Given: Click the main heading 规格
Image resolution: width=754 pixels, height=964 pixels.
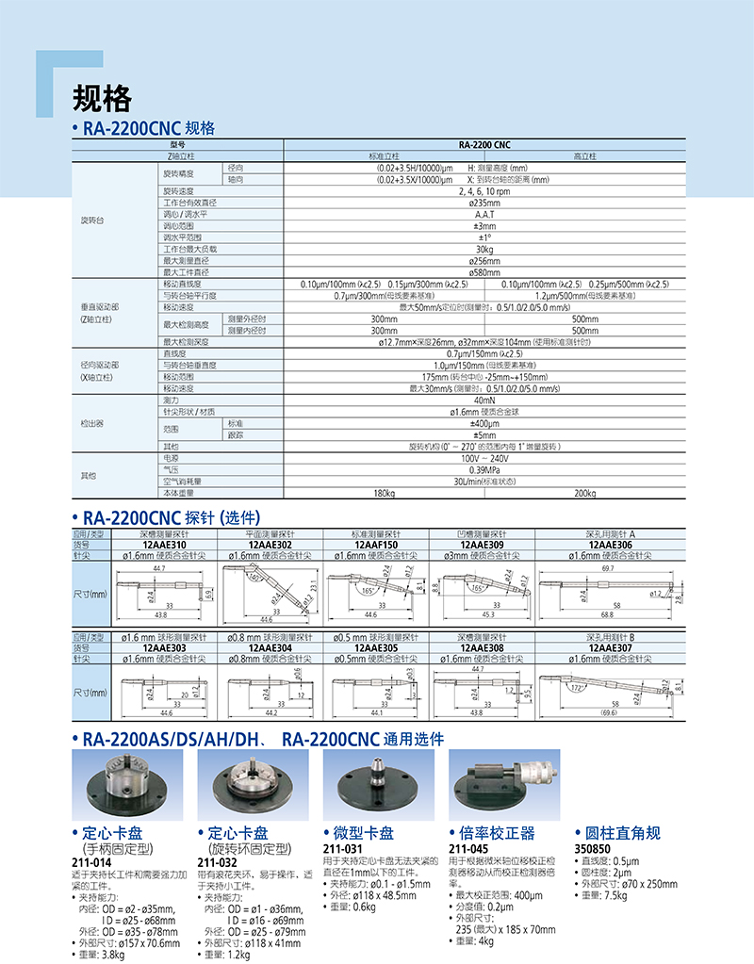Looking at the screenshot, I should [x=102, y=99].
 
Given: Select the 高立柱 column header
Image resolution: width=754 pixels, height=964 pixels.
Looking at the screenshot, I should [x=584, y=155].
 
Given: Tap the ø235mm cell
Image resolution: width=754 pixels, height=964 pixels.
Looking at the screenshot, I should [x=484, y=202].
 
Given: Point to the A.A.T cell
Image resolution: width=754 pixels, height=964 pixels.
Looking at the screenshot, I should [x=484, y=214].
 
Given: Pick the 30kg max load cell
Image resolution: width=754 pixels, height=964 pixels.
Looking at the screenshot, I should [x=484, y=249].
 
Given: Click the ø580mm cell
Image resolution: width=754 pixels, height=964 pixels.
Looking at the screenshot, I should [x=484, y=272].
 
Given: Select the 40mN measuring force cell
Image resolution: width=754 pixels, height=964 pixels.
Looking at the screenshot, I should [x=484, y=400].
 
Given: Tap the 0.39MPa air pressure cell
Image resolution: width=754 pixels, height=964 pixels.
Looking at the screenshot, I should [x=484, y=469].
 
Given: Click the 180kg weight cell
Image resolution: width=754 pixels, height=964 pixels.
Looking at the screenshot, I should [x=384, y=492].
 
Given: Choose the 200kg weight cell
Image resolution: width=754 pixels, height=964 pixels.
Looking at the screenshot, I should [x=584, y=492].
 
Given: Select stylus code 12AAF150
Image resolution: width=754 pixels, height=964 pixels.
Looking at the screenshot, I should [x=376, y=545].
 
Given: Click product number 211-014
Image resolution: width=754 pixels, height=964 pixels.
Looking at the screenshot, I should [x=90, y=862].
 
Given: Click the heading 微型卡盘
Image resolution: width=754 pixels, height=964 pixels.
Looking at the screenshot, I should [x=364, y=833].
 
